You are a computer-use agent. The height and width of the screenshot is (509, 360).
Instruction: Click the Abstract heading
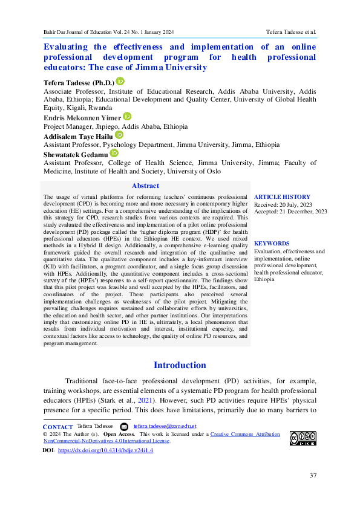(x=145, y=186)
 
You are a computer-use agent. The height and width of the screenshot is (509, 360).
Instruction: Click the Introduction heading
(x=180, y=365)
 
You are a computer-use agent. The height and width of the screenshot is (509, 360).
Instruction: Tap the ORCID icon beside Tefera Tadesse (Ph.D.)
(x=120, y=82)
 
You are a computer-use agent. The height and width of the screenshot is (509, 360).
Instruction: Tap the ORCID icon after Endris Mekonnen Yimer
(x=127, y=116)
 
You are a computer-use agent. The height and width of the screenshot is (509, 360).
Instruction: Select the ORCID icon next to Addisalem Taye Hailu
(x=119, y=135)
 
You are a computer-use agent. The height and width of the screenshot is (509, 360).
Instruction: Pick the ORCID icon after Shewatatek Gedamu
(x=114, y=154)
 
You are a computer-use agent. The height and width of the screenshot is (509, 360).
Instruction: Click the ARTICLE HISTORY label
(x=282, y=196)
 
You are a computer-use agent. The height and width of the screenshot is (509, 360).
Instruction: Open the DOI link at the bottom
(x=105, y=451)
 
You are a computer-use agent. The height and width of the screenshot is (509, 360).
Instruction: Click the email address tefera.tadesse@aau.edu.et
(x=165, y=426)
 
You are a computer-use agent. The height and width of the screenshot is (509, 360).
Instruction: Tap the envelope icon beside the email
(x=124, y=426)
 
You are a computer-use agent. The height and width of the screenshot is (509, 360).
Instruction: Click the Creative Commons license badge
(x=303, y=438)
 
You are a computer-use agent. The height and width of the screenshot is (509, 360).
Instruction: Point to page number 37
(x=313, y=475)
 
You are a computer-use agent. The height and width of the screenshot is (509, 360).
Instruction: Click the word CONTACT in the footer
(x=58, y=426)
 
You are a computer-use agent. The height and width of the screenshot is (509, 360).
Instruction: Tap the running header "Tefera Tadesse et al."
(x=291, y=31)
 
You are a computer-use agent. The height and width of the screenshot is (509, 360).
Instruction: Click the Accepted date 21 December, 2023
(x=290, y=211)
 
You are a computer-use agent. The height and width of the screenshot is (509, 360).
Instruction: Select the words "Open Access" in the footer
(x=119, y=434)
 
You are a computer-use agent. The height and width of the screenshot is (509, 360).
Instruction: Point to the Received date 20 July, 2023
(x=283, y=204)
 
